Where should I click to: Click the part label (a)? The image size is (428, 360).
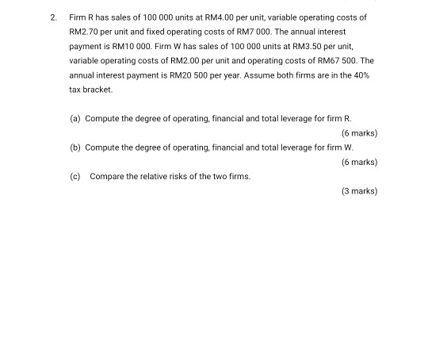(x=75, y=118)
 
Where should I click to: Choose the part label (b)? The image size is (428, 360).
(x=75, y=147)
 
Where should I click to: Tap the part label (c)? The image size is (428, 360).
(x=75, y=176)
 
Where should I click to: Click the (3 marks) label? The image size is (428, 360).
(x=358, y=191)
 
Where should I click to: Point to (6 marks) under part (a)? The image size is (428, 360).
(x=358, y=132)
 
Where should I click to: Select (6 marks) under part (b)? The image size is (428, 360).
(x=358, y=162)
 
